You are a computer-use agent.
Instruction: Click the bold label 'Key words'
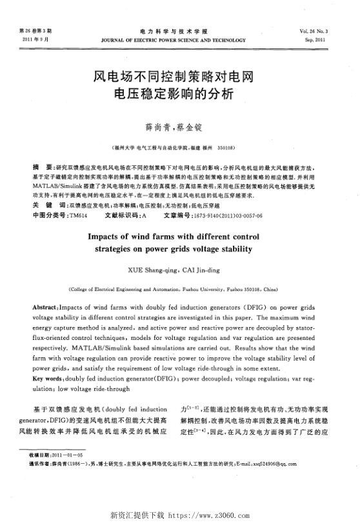tap(48, 378)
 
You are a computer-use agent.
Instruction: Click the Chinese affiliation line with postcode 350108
tap(180, 146)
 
